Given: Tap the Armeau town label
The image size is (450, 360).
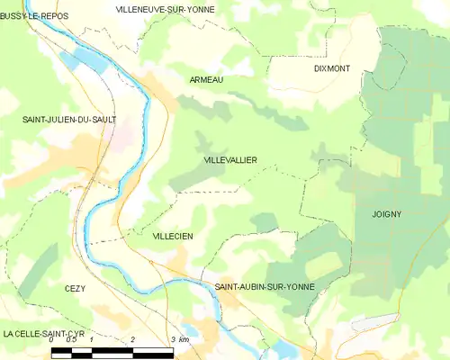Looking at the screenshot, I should [x=207, y=80].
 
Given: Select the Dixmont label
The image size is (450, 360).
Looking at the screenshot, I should [x=332, y=67].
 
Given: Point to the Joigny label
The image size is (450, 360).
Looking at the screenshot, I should [x=386, y=214].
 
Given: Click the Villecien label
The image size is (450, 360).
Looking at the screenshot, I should [x=174, y=236].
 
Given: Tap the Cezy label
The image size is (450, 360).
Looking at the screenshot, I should [x=75, y=288].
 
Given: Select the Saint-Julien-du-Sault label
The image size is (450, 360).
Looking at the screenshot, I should [x=69, y=119].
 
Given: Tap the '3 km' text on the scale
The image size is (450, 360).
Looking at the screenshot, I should [x=180, y=340].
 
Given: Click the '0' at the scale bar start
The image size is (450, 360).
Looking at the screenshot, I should [x=52, y=340].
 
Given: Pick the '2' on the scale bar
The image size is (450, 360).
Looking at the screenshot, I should [x=132, y=340].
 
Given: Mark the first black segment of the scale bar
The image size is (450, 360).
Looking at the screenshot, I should [x=62, y=351].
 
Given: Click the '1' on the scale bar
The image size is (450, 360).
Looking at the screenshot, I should [x=92, y=340].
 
